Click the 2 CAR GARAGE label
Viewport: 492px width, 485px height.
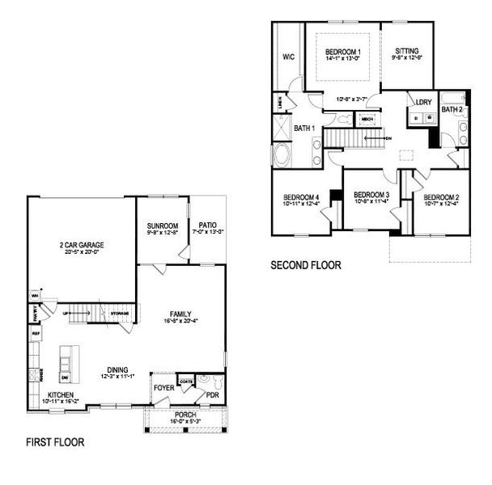[80, 245]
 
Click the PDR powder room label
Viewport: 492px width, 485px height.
[212, 395]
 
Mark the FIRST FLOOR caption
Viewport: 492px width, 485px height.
[55, 442]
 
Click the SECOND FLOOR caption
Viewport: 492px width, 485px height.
[306, 264]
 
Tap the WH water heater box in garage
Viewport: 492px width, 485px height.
[35, 294]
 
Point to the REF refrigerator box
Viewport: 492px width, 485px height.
[36, 332]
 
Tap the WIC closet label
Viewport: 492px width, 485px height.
[288, 57]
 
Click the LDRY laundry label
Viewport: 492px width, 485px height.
[422, 102]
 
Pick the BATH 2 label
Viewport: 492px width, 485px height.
[452, 108]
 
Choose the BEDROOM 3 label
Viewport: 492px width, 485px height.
[371, 195]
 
